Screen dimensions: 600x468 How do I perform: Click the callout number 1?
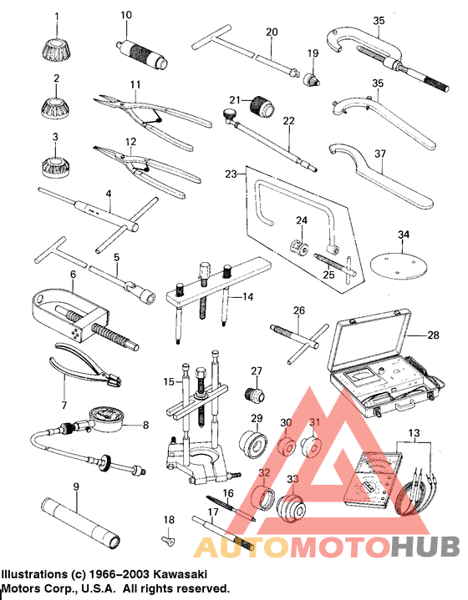56,16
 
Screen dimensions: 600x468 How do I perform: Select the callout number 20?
271,32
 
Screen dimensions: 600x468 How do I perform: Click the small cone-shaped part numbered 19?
313,78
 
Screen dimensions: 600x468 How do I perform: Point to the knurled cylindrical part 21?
265,107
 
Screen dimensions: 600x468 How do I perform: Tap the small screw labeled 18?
167,540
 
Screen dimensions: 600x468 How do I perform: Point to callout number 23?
231,174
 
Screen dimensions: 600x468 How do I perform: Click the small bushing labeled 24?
297,249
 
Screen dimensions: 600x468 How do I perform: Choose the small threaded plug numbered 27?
254,394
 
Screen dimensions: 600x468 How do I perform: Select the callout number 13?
410,434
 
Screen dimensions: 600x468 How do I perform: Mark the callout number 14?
247,296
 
